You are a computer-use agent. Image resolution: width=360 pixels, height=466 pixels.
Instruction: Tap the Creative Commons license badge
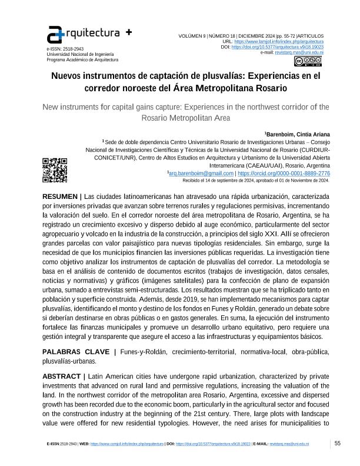309,61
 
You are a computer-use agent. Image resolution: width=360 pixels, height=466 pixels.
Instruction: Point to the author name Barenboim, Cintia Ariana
298,134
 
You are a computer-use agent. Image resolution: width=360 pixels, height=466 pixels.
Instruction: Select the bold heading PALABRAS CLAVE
75,352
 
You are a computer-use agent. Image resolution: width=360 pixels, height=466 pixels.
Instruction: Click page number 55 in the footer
338,443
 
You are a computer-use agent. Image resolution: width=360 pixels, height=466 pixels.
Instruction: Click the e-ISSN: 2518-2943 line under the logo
65,49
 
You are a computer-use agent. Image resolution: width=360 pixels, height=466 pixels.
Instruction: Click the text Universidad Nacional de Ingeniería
76,54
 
